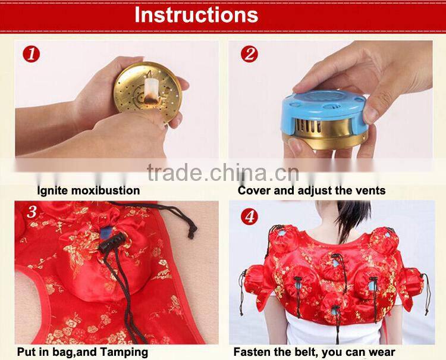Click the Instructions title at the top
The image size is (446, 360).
coord(196,14)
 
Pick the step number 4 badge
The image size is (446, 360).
coord(250,216)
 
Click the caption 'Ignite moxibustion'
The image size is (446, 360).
coord(89,191)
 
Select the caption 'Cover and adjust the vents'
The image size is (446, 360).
coord(312,191)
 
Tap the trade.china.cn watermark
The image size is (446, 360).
coord(223,174)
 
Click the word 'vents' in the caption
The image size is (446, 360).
coord(370,191)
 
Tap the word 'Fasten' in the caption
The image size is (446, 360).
coord(253,352)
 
